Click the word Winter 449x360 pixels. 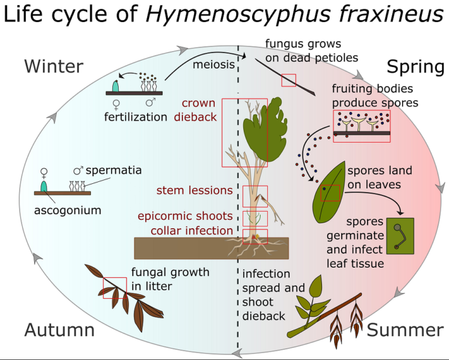[54, 66]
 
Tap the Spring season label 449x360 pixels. [415, 67]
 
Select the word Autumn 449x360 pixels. [59, 330]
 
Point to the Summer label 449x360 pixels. [405, 330]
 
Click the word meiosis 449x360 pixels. [214, 65]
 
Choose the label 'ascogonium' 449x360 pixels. [68, 210]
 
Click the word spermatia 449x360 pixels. [114, 170]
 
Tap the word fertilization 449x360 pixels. [135, 117]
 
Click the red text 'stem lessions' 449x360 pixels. [194, 190]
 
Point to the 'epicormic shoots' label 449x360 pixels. [185, 216]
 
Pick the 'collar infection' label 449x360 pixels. [192, 230]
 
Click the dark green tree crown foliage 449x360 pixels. [265, 129]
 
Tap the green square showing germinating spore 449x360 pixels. [401, 236]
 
